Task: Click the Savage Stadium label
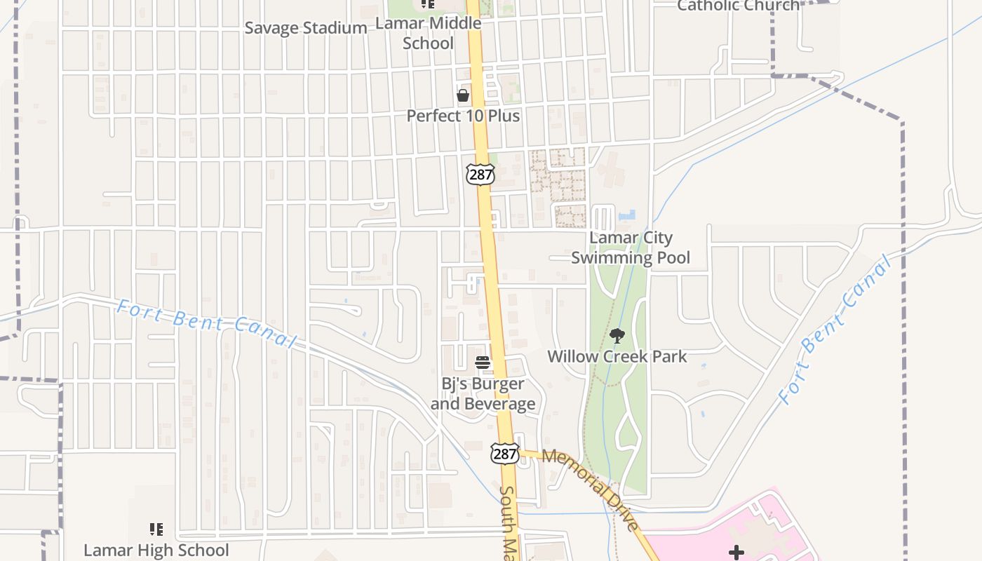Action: pyautogui.click(x=305, y=28)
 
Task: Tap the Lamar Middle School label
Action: pyautogui.click(x=428, y=33)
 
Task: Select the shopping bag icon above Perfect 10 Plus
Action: pyautogui.click(x=463, y=95)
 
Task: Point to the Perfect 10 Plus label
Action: pyautogui.click(x=463, y=116)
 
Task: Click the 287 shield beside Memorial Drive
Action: pyautogui.click(x=505, y=454)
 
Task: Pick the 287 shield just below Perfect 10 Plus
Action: pyautogui.click(x=480, y=174)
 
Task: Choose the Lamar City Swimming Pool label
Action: pyautogui.click(x=631, y=248)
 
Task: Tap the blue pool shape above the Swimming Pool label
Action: pyautogui.click(x=627, y=215)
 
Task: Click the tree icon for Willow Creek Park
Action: pyautogui.click(x=617, y=336)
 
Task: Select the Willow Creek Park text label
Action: pyautogui.click(x=617, y=356)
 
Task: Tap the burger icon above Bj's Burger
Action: pyautogui.click(x=483, y=363)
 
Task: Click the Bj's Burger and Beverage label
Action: pyautogui.click(x=483, y=393)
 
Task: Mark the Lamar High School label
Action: pyautogui.click(x=156, y=550)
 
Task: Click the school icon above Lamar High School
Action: pyautogui.click(x=156, y=529)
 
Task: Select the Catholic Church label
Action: pyautogui.click(x=738, y=6)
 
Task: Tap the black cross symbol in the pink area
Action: pyautogui.click(x=736, y=553)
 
